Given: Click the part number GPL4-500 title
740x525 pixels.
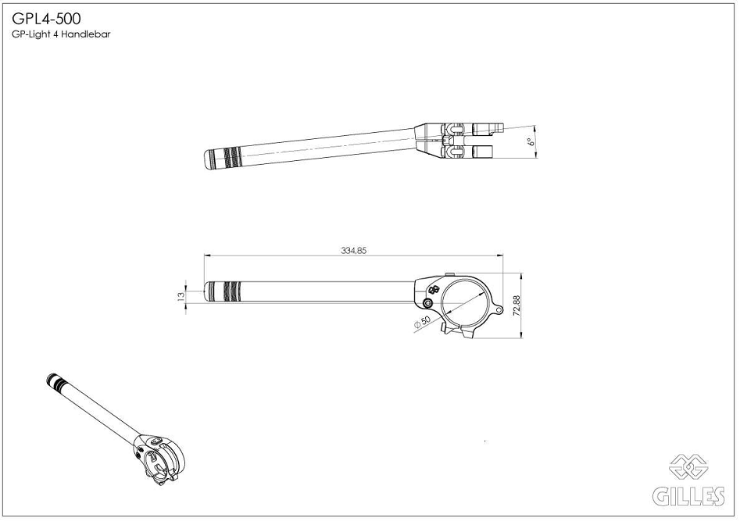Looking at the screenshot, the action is pos(46,19).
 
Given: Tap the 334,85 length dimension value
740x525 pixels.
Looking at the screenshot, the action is pos(353,251).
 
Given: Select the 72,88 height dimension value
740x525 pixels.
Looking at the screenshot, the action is pos(517,305).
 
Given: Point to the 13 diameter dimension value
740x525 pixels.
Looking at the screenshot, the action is pos(181,296).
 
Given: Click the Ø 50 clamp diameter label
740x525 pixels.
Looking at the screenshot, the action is pos(423,322).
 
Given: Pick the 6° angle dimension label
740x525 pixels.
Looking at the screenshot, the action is pos(532,141).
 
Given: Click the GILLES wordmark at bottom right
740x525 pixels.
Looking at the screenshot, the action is pos(688,496).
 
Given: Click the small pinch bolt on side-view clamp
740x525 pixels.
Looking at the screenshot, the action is pos(428,303).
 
